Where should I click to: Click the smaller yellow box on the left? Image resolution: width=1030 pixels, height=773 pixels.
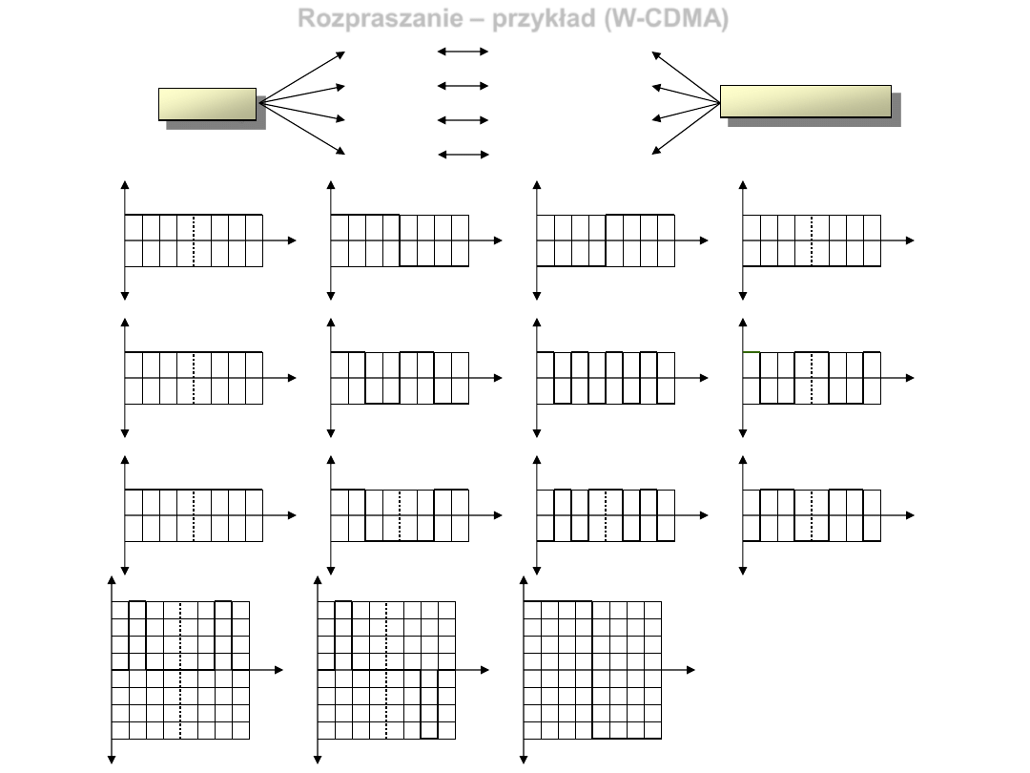tap(207, 103)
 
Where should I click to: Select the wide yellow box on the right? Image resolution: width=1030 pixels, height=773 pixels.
tap(805, 100)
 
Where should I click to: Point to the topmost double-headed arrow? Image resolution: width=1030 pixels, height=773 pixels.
tap(463, 52)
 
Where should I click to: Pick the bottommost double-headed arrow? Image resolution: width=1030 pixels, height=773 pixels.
tap(463, 155)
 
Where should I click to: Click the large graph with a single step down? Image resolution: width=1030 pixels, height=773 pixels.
tap(592, 670)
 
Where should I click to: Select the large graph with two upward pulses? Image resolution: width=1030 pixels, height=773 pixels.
tap(180, 670)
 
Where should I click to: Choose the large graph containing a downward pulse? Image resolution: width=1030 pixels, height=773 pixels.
tap(386, 670)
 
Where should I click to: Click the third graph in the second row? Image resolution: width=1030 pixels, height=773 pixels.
tap(606, 378)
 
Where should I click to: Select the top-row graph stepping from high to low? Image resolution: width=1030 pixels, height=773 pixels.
tap(400, 240)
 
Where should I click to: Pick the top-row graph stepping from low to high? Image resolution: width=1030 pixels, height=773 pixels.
tap(606, 240)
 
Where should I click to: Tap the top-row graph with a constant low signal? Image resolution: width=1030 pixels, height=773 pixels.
tap(812, 240)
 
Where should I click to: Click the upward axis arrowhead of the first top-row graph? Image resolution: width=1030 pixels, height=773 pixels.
tap(125, 185)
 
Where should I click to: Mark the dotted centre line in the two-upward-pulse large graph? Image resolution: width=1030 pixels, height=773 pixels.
tap(180, 706)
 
